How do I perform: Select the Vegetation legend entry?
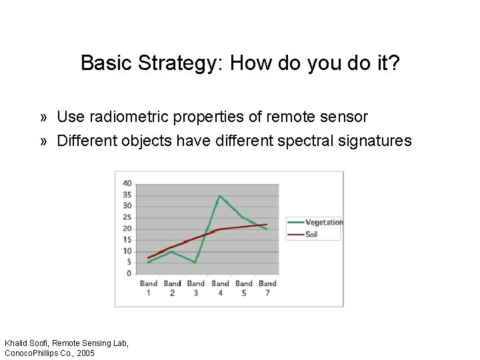[x=323, y=222]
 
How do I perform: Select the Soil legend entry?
[x=311, y=234]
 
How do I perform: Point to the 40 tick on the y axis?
[x=127, y=183]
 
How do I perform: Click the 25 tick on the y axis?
[x=127, y=217]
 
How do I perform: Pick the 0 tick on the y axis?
[x=129, y=273]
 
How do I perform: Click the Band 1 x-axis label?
[x=148, y=288]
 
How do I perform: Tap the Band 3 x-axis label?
[x=196, y=288]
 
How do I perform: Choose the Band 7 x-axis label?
[x=267, y=288]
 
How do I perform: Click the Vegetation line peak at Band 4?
[x=219, y=195]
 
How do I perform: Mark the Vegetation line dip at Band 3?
[x=195, y=262]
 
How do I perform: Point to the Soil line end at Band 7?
[x=267, y=224]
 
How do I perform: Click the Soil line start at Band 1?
[x=148, y=257]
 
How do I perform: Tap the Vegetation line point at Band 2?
[x=172, y=251]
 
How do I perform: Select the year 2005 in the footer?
[x=85, y=353]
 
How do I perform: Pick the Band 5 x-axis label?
[x=244, y=288]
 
